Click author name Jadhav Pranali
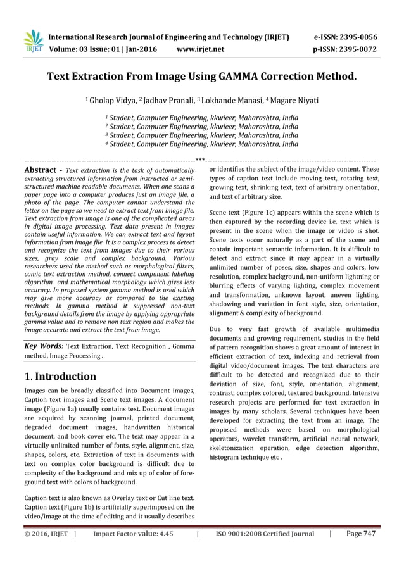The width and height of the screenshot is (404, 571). [168, 101]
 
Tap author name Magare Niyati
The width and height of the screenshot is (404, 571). [292, 101]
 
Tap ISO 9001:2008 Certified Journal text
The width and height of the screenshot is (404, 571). [265, 534]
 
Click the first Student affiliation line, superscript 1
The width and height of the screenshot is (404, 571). [201, 118]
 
